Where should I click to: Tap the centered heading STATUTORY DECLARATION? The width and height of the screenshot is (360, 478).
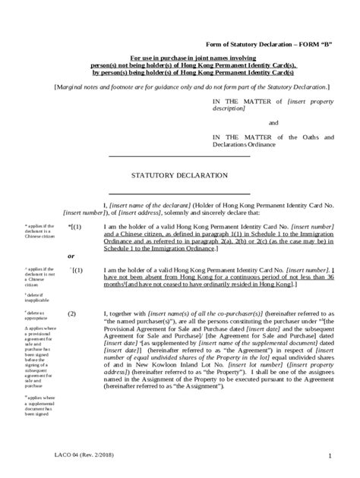point(179,174)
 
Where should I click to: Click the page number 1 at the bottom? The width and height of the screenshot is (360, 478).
point(331,454)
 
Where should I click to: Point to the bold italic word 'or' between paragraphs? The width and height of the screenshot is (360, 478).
point(71,254)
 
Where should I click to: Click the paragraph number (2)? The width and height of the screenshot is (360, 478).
point(73,313)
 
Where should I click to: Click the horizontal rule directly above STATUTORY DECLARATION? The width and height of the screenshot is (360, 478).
point(179,156)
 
